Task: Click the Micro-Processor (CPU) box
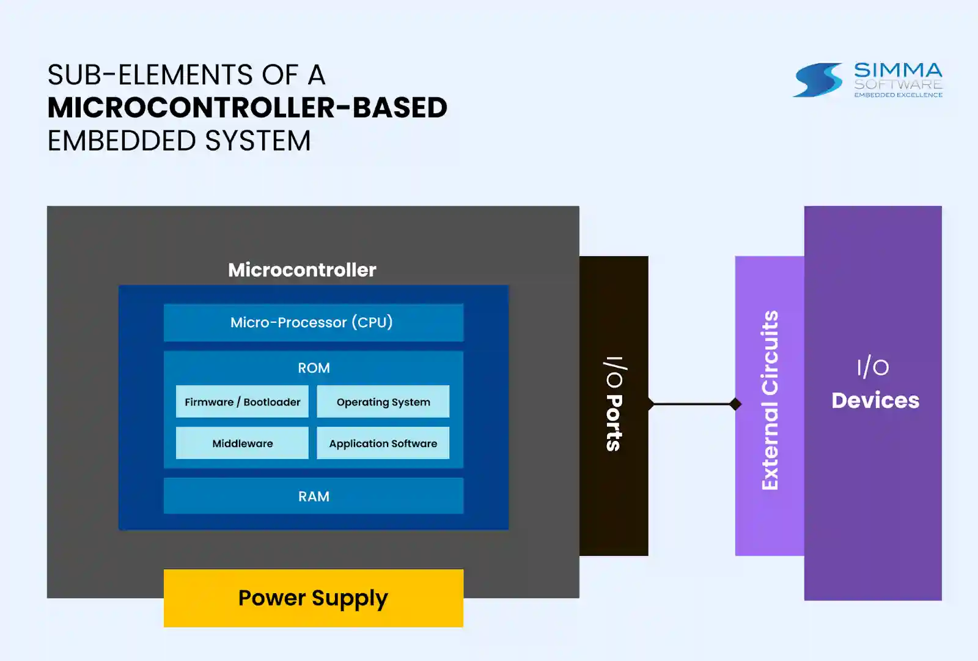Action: pyautogui.click(x=314, y=322)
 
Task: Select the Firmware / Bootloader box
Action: pyautogui.click(x=242, y=402)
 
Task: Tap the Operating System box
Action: pyautogui.click(x=383, y=402)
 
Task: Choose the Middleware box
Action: pyautogui.click(x=242, y=443)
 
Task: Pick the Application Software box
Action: pyautogui.click(x=383, y=443)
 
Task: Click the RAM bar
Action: pyautogui.click(x=314, y=496)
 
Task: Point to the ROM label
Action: pyautogui.click(x=314, y=368)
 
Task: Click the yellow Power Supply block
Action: pyautogui.click(x=314, y=598)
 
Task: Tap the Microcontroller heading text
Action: pyautogui.click(x=302, y=270)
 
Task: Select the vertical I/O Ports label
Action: pyautogui.click(x=615, y=404)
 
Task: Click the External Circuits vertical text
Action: pyautogui.click(x=770, y=400)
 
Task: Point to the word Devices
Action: pyautogui.click(x=875, y=401)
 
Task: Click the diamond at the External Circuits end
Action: pyautogui.click(x=735, y=404)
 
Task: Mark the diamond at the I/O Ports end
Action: pyautogui.click(x=650, y=404)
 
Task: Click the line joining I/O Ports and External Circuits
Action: pyautogui.click(x=693, y=404)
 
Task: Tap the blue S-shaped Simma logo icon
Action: pyautogui.click(x=818, y=80)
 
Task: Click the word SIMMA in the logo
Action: pyautogui.click(x=898, y=70)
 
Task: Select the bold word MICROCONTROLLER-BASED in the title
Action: pyautogui.click(x=248, y=108)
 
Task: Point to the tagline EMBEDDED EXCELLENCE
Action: pyautogui.click(x=899, y=95)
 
